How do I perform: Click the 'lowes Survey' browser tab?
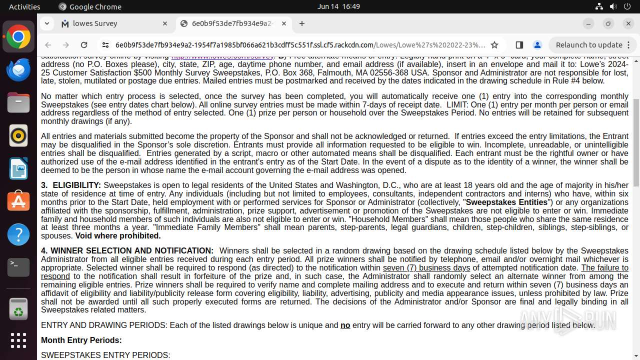[95, 23]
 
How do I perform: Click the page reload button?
[84, 45]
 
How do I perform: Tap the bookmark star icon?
[494, 45]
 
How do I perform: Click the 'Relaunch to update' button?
[589, 45]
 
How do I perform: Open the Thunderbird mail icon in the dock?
[18, 69]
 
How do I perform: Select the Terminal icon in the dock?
[18, 267]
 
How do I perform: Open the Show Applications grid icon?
[18, 340]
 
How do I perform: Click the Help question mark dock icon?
[18, 234]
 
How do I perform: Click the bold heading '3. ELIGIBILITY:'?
[71, 185]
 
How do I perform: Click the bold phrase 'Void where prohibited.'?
[118, 236]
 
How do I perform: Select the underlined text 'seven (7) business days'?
[426, 268]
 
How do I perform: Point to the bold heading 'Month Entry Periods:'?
[81, 340]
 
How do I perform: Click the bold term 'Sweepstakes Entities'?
[506, 202]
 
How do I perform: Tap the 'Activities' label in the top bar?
[24, 6]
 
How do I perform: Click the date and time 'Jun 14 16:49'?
[338, 6]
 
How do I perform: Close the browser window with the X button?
[628, 23]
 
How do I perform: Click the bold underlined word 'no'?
[345, 325]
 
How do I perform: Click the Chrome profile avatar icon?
[537, 45]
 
